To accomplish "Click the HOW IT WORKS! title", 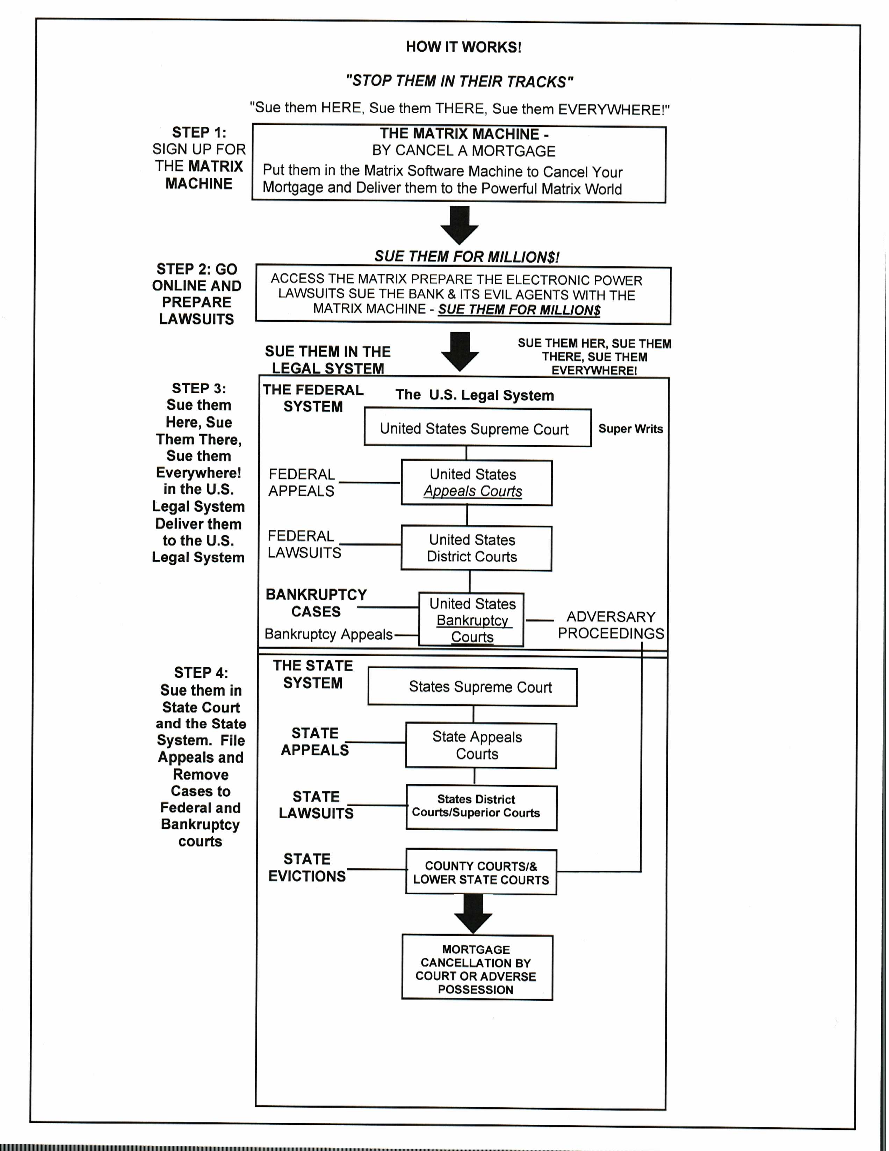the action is pos(463,47).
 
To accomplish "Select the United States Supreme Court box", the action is pos(477,427).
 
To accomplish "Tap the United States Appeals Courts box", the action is pos(477,483).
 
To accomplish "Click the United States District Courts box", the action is pos(476,548).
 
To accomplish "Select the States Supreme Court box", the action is pos(472,687).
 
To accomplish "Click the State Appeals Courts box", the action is pos(481,745).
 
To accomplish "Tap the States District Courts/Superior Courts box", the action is pos(482,808).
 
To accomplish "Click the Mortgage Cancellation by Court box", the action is pos(477,968).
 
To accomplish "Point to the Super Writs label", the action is pos(631,428).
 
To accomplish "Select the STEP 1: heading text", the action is pos(199,132).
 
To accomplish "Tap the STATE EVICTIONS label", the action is pos(307,867).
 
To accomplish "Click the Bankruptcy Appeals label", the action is pos(328,634).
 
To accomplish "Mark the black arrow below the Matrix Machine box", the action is pos(459,226).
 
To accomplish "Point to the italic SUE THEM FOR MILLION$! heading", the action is pos(467,257).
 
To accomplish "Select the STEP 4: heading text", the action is pos(201,673).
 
